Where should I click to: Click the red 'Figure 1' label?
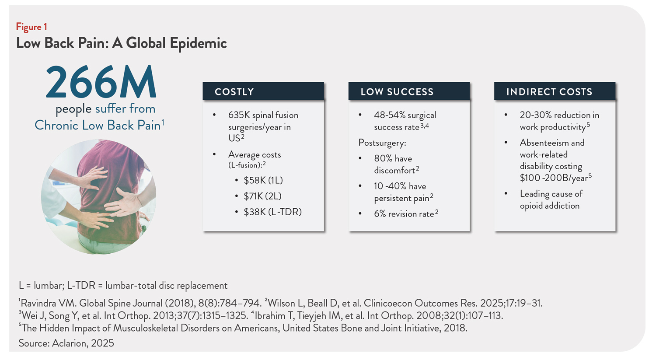[x=31, y=27]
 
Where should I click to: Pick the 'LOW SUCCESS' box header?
[x=397, y=92]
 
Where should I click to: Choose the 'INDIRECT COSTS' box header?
[x=549, y=92]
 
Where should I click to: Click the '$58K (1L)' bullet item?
[x=263, y=180]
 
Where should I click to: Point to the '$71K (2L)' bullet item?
[x=262, y=196]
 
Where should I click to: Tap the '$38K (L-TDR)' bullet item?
[x=272, y=212]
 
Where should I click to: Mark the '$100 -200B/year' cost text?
[x=553, y=178]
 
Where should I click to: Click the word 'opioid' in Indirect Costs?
[x=532, y=206]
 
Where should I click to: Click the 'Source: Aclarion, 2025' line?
[x=66, y=343]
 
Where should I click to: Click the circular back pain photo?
[x=99, y=197]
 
